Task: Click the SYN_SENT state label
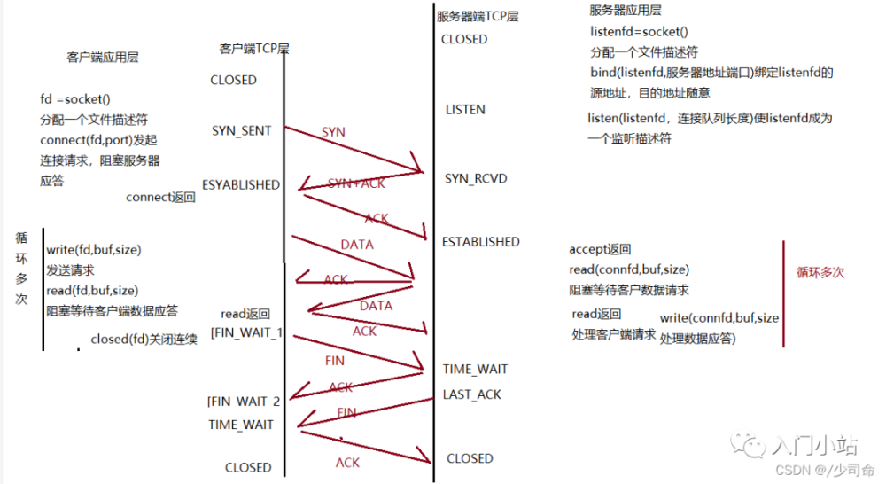click(241, 130)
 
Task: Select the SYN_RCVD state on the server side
click(475, 178)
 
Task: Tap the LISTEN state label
click(465, 109)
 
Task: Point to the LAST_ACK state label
click(473, 394)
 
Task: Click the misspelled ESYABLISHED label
click(241, 185)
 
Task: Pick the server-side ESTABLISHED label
click(480, 241)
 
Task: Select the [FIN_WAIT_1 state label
click(245, 332)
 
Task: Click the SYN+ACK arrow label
click(357, 183)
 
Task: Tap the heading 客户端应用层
click(103, 57)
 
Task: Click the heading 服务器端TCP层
click(478, 16)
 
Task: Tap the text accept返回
click(600, 250)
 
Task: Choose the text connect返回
click(160, 198)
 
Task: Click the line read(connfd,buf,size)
click(629, 269)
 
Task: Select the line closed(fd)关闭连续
click(144, 340)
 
